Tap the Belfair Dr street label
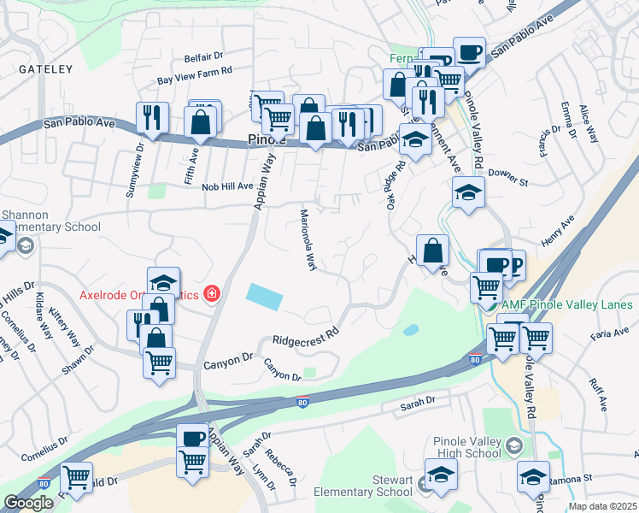[203, 58]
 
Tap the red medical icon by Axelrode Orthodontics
[210, 294]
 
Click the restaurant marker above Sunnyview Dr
[152, 117]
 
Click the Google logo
[27, 503]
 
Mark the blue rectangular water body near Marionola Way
[265, 297]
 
